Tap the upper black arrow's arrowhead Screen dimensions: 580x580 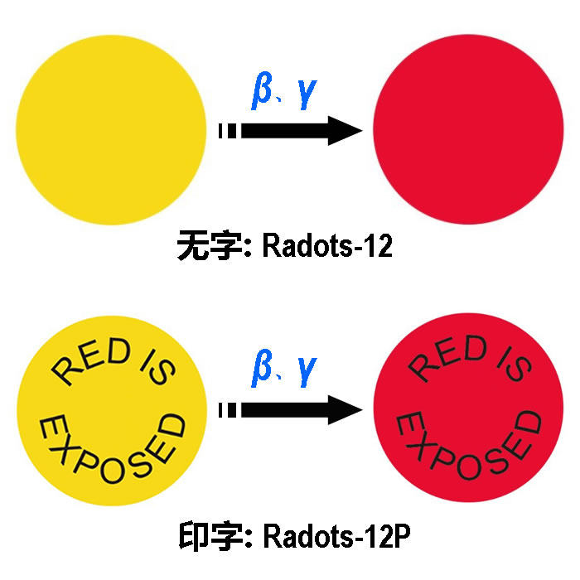click(344, 131)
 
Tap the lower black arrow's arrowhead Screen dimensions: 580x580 click(344, 409)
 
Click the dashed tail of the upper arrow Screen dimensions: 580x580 click(226, 131)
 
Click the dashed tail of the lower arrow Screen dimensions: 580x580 click(226, 409)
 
